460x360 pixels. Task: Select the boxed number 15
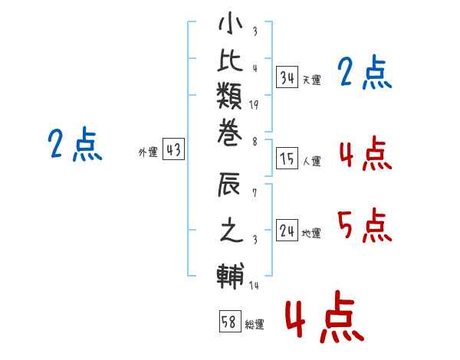click(287, 159)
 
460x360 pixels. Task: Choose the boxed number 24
click(287, 231)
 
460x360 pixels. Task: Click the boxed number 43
click(173, 150)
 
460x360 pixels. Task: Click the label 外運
click(148, 152)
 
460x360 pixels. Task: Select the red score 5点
click(364, 224)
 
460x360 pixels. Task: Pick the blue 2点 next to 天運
click(364, 74)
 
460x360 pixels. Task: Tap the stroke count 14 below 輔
click(254, 286)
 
